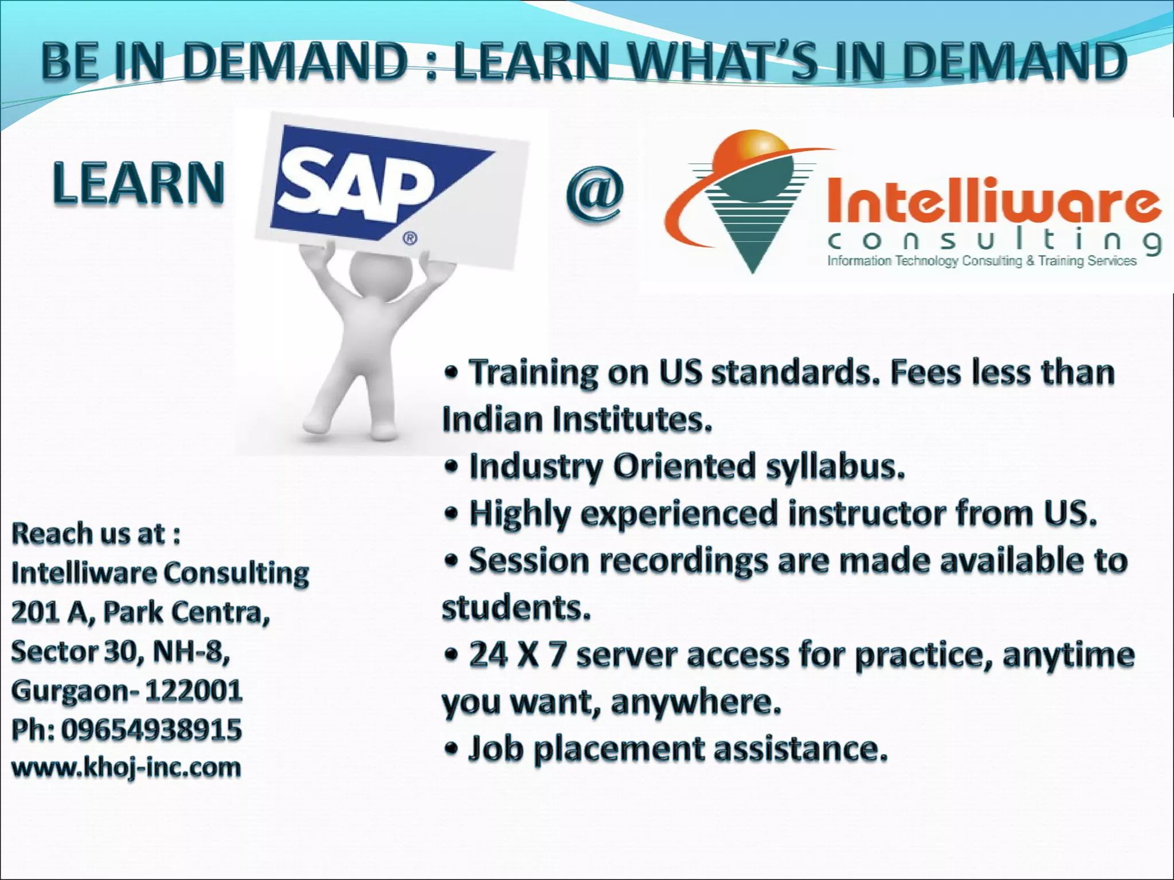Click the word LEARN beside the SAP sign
click(138, 183)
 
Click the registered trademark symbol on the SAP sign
click(410, 238)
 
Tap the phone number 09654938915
click(151, 729)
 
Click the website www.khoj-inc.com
click(126, 767)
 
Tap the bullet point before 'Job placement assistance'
click(452, 748)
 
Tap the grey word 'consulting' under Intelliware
click(995, 241)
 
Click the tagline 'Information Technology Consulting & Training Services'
click(981, 261)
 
